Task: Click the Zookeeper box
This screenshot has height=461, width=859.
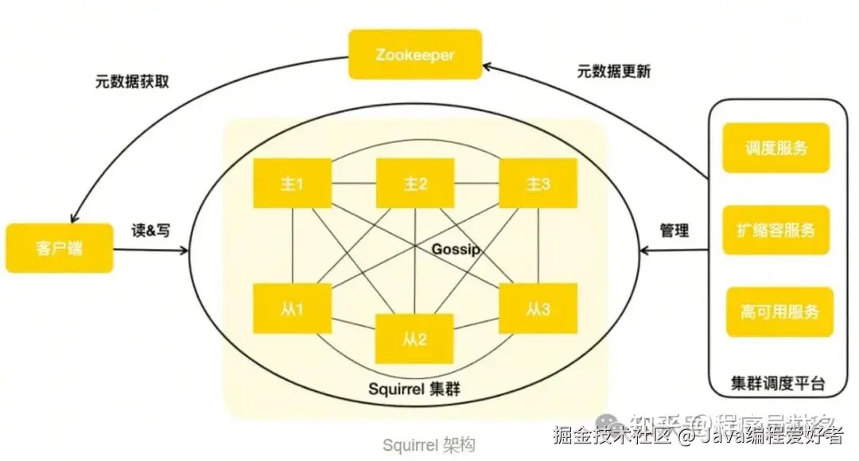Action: tap(415, 54)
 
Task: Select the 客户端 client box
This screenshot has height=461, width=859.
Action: tap(60, 248)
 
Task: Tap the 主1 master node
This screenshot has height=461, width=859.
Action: tap(292, 184)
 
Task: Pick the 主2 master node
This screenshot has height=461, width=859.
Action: tap(415, 184)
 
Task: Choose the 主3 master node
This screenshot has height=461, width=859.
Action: tap(538, 184)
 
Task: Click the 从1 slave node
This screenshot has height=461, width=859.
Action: tap(292, 308)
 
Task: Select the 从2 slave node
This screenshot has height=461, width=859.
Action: tap(414, 339)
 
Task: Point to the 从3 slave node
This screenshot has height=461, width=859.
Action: tap(538, 308)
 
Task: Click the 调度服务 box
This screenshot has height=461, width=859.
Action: tap(775, 148)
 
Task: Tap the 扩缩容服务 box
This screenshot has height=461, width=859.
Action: tap(775, 230)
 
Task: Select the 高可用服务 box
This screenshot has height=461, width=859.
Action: tap(779, 312)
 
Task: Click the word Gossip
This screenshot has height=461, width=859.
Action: tap(457, 250)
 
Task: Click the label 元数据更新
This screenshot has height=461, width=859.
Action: tap(613, 72)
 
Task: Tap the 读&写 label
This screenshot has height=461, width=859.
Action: tap(150, 230)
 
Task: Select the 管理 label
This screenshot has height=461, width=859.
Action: tap(674, 230)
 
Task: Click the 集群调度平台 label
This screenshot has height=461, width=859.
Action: tap(777, 385)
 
